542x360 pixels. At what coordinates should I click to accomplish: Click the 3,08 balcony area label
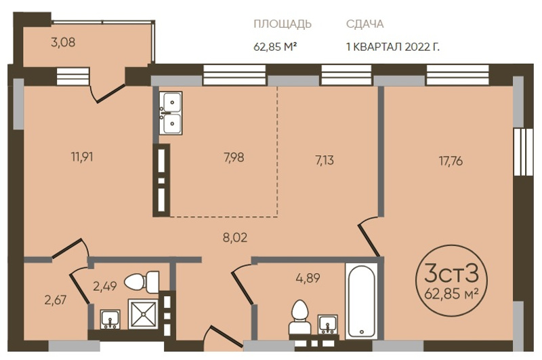pyautogui.click(x=63, y=43)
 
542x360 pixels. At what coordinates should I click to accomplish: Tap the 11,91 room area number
pyautogui.click(x=82, y=157)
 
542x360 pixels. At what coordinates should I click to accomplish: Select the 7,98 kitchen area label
pyautogui.click(x=234, y=158)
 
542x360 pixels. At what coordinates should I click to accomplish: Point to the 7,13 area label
pyautogui.click(x=325, y=161)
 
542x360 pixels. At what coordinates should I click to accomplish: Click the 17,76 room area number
pyautogui.click(x=451, y=161)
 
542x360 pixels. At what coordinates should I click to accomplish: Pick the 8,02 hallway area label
pyautogui.click(x=235, y=238)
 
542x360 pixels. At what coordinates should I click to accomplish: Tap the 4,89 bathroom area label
pyautogui.click(x=308, y=278)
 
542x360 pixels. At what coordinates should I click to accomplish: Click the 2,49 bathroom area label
pyautogui.click(x=105, y=286)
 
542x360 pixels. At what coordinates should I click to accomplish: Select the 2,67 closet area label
pyautogui.click(x=56, y=300)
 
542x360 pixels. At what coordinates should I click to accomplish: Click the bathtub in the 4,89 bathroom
pyautogui.click(x=361, y=300)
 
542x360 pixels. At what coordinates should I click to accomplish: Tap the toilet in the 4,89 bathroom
pyautogui.click(x=299, y=317)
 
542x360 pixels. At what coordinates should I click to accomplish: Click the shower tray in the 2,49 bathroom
pyautogui.click(x=143, y=315)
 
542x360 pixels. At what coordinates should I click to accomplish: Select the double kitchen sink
pyautogui.click(x=171, y=113)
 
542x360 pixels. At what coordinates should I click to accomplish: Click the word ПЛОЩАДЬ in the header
pyautogui.click(x=283, y=24)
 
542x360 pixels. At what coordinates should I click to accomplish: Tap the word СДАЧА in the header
pyautogui.click(x=364, y=24)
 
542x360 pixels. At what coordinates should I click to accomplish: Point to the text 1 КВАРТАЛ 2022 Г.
pyautogui.click(x=393, y=47)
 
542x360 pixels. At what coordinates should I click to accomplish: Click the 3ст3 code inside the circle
pyautogui.click(x=451, y=273)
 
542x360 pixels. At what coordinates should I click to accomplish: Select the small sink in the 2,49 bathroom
pyautogui.click(x=110, y=319)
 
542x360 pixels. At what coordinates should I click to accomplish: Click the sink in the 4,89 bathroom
pyautogui.click(x=328, y=324)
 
